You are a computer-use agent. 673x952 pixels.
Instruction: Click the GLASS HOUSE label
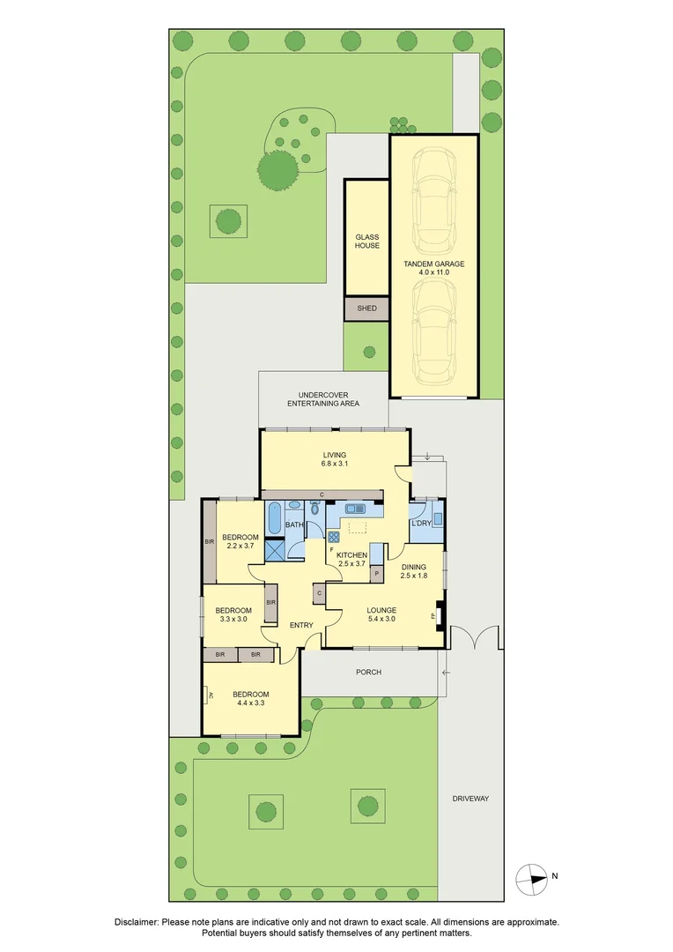point(366,241)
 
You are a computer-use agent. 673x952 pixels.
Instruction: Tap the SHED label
point(366,309)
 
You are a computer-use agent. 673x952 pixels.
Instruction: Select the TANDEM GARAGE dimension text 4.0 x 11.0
point(433,272)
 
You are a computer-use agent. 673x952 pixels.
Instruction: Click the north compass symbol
point(531,876)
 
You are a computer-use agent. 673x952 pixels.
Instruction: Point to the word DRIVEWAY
point(470,799)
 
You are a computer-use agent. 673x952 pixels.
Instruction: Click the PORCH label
point(368,673)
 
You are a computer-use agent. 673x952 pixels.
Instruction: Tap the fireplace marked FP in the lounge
point(435,615)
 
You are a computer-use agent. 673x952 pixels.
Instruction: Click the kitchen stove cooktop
point(334,536)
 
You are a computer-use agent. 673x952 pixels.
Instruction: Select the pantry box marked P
point(376,574)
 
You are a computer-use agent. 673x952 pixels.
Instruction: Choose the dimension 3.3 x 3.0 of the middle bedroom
point(233,620)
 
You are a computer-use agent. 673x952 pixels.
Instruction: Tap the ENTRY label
point(302,626)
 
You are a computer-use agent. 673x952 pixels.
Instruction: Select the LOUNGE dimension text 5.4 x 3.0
point(381,620)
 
